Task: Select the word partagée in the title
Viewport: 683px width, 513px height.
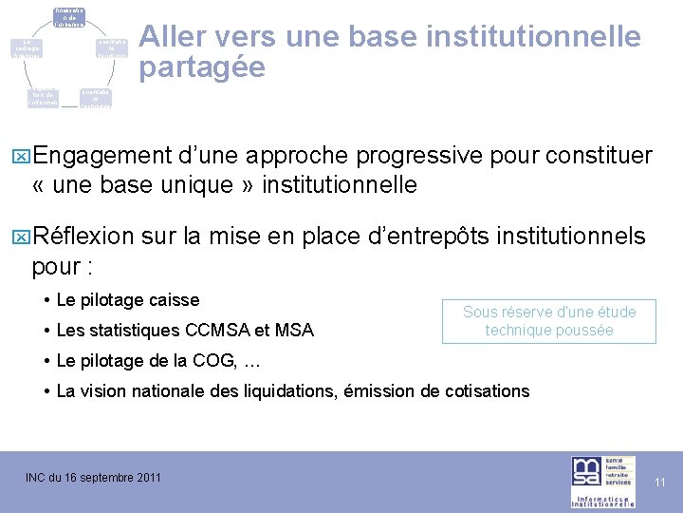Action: pyautogui.click(x=201, y=68)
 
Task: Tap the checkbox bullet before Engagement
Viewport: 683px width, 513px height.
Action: pyautogui.click(x=23, y=156)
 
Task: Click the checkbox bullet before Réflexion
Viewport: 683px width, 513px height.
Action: pyautogui.click(x=23, y=237)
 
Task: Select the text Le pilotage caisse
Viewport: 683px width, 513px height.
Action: pyautogui.click(x=128, y=300)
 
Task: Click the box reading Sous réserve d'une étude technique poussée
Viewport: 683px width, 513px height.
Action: pyautogui.click(x=549, y=321)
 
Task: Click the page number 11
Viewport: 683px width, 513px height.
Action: pyautogui.click(x=660, y=484)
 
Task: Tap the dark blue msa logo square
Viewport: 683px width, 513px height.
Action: pyautogui.click(x=584, y=472)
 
